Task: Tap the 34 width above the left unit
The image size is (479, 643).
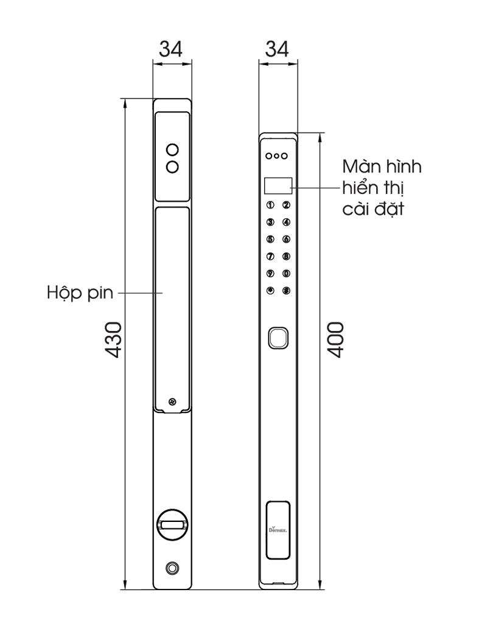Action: (172, 49)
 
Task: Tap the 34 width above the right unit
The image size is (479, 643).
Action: (277, 49)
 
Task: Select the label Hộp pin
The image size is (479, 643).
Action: (80, 293)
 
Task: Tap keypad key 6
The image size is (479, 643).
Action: (286, 240)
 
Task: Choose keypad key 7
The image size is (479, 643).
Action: (271, 257)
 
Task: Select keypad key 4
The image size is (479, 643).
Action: (286, 223)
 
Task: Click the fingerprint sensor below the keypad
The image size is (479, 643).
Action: (278, 338)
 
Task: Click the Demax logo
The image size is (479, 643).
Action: (278, 529)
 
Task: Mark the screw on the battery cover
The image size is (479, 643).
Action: (172, 401)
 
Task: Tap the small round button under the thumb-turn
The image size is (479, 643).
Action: (172, 568)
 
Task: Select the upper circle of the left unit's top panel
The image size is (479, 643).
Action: (172, 149)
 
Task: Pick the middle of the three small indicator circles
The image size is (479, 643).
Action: (277, 156)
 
